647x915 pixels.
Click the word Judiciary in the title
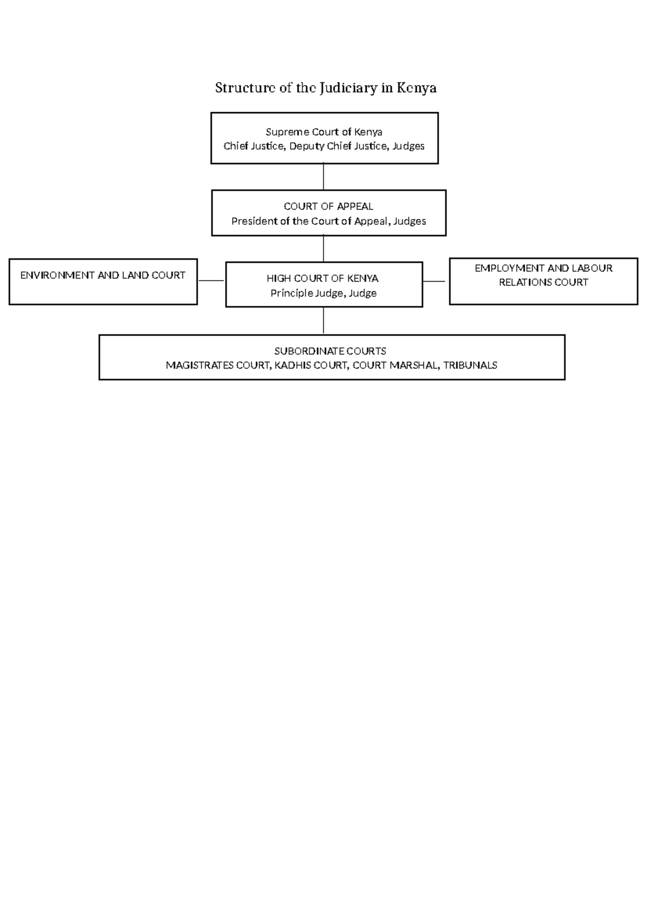(x=348, y=88)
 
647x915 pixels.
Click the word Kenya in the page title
(x=416, y=88)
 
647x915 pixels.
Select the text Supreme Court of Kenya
(x=324, y=132)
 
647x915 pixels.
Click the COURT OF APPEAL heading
(x=328, y=206)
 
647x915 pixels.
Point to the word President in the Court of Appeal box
(x=254, y=221)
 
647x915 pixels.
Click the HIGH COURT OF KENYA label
(x=322, y=278)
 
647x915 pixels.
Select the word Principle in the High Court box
(x=291, y=293)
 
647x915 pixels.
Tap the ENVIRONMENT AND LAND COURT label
(x=102, y=275)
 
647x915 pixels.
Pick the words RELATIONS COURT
(x=543, y=282)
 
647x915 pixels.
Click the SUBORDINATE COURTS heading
(x=330, y=351)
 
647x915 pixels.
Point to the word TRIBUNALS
(x=470, y=365)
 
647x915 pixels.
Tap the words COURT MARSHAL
(x=395, y=365)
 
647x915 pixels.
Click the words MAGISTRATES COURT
(x=216, y=365)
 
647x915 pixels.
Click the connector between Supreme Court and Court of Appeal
(x=323, y=176)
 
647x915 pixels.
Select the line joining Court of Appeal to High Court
(x=323, y=249)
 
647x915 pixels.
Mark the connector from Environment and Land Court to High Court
(x=211, y=281)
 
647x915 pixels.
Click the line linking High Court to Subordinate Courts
(x=323, y=320)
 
